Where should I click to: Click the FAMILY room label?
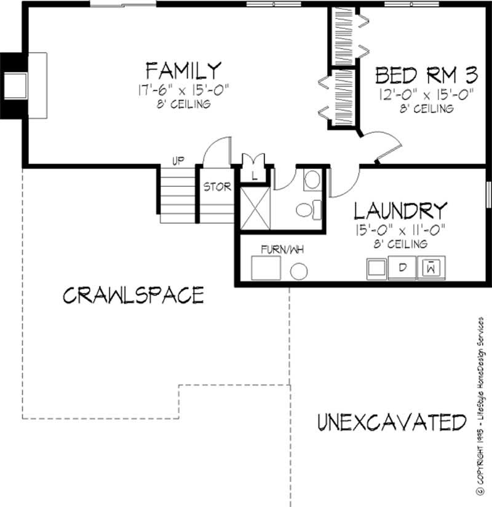(x=183, y=68)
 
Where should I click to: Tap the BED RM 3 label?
(x=426, y=75)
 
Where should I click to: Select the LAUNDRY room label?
(x=400, y=211)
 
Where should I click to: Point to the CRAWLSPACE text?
(x=133, y=295)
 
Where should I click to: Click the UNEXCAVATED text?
(x=392, y=422)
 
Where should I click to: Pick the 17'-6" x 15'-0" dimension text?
(x=183, y=90)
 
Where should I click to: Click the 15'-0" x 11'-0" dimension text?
(x=400, y=230)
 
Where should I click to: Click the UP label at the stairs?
(x=178, y=161)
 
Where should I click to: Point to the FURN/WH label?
(x=282, y=249)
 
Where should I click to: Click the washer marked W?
(x=432, y=267)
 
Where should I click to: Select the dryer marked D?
(x=403, y=267)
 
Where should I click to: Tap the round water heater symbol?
(x=300, y=270)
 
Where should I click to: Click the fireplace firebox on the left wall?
(x=15, y=86)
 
